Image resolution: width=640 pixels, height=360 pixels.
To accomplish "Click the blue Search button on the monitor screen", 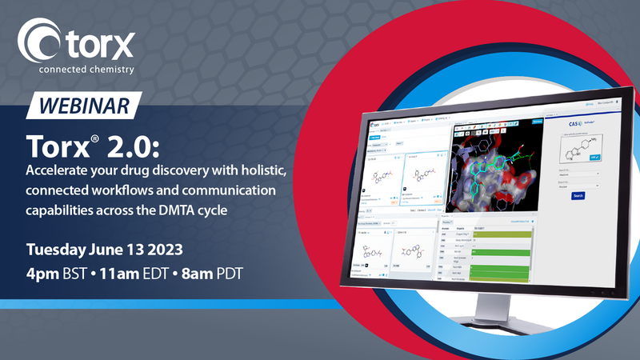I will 578,194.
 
